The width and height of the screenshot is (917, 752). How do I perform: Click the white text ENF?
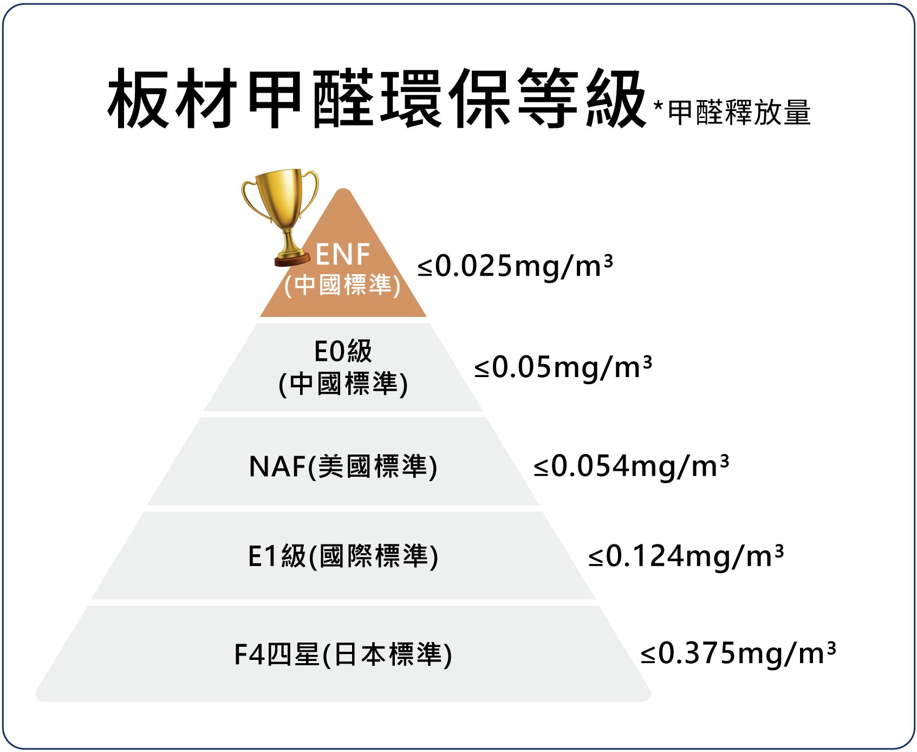(x=342, y=255)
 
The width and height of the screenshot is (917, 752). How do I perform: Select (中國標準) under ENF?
(x=342, y=285)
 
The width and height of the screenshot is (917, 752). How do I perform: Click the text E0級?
(x=343, y=351)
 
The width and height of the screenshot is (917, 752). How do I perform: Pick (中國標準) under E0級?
(x=343, y=384)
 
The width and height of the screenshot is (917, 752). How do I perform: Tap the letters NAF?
(x=277, y=466)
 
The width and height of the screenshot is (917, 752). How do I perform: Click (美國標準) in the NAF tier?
(x=373, y=466)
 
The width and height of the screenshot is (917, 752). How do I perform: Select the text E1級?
(x=277, y=556)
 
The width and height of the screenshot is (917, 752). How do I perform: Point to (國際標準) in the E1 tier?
(x=373, y=556)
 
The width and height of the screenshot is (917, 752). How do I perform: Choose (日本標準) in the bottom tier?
(x=387, y=654)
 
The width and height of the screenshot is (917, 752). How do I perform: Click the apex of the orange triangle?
(x=343, y=191)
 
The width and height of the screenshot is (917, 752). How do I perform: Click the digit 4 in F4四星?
(x=257, y=654)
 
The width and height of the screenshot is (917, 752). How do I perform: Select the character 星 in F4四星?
(x=307, y=654)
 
